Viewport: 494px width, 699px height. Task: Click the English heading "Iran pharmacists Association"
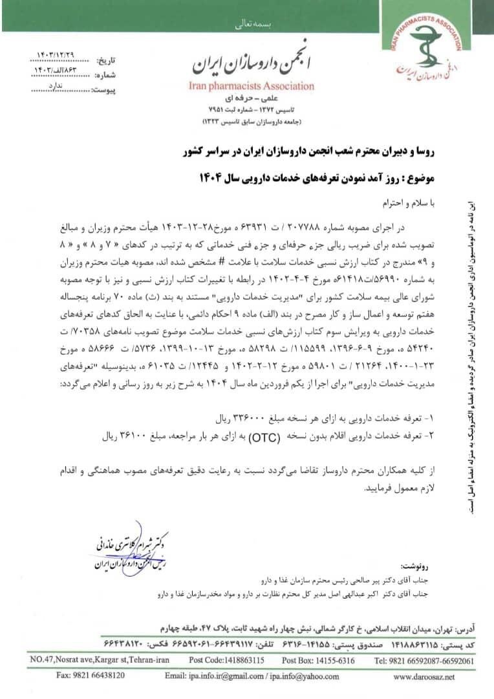(x=252, y=86)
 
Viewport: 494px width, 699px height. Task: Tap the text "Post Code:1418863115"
(x=226, y=661)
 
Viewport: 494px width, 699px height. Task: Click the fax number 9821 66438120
(x=91, y=676)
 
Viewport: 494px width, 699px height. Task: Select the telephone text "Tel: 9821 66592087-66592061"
(x=426, y=661)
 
